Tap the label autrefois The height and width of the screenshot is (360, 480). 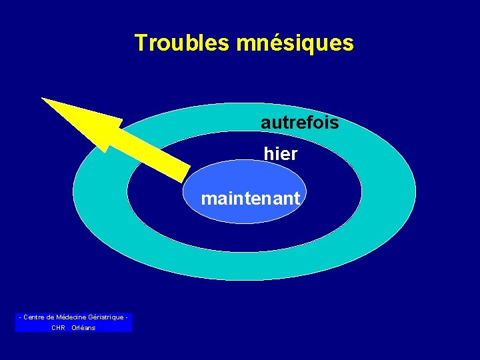pyautogui.click(x=299, y=123)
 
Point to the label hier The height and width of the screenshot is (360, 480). pyautogui.click(x=281, y=155)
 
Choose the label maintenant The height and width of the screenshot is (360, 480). pyautogui.click(x=251, y=199)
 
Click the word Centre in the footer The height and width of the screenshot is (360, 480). pyautogui.click(x=35, y=317)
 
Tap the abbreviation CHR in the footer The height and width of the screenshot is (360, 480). pyautogui.click(x=58, y=328)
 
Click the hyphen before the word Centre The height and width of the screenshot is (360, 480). pyautogui.click(x=21, y=317)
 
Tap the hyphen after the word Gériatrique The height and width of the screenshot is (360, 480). pyautogui.click(x=126, y=317)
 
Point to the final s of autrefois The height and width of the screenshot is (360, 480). pyautogui.click(x=334, y=123)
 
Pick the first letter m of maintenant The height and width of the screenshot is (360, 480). pyautogui.click(x=208, y=199)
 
